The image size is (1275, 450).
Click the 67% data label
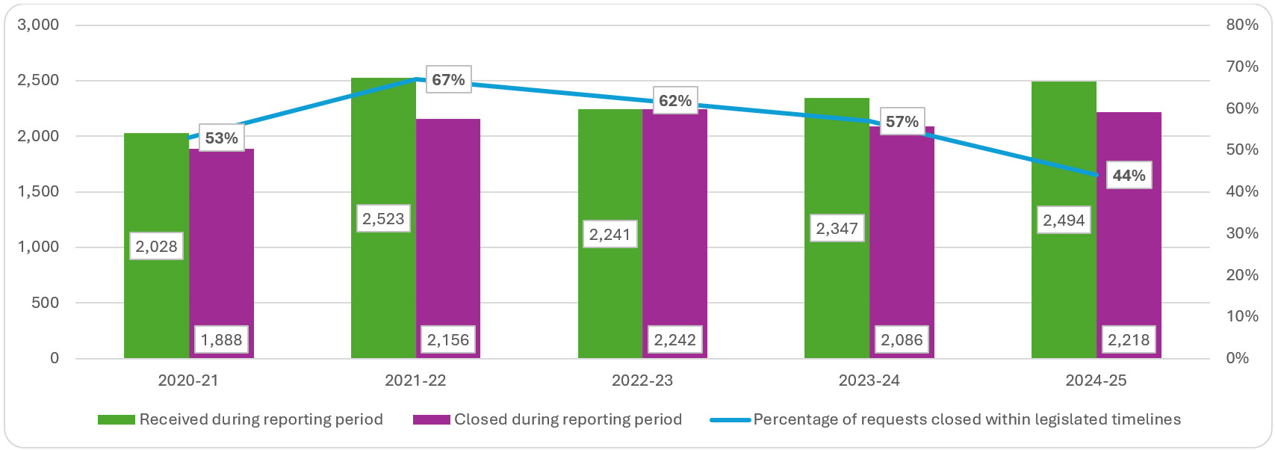coord(448,80)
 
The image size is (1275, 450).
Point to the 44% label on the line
coord(1129,176)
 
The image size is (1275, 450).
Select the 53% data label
coord(221,138)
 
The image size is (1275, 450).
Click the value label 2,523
coord(383,219)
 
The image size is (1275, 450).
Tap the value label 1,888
coord(221,340)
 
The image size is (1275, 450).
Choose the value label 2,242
coord(674,340)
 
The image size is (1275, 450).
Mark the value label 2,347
coord(837,229)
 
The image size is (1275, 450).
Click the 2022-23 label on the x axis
coord(642,380)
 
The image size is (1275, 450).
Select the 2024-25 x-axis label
coord(1096,380)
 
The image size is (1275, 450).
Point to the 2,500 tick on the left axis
coord(38,81)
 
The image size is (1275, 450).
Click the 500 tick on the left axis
coord(46,303)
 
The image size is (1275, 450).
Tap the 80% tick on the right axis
coord(1242,25)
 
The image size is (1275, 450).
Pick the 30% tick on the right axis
coord(1242,233)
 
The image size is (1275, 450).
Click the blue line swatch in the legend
coord(730,420)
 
